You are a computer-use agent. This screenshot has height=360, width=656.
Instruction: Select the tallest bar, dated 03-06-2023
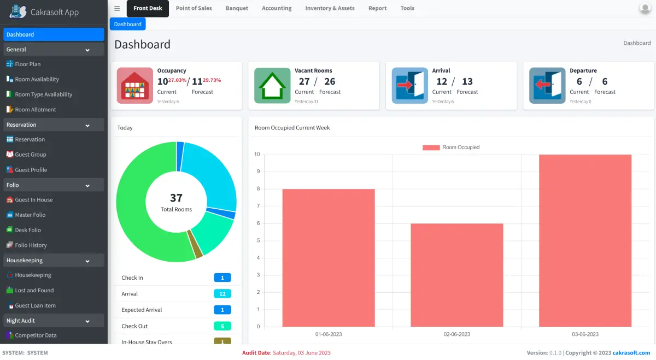[585, 240]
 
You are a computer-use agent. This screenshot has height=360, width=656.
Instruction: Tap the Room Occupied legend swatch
[431, 147]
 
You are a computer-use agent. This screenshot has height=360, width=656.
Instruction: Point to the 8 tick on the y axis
[257, 189]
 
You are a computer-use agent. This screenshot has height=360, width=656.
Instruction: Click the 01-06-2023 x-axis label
[329, 334]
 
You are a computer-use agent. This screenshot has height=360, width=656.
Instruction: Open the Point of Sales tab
[194, 8]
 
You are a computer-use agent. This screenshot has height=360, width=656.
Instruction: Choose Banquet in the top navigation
[237, 8]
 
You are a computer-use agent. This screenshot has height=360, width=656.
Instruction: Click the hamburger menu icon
[117, 8]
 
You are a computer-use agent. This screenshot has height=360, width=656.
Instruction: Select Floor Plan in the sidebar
[28, 64]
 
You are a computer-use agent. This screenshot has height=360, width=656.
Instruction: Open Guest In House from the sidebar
[34, 200]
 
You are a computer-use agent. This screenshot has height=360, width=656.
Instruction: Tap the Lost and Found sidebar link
[34, 291]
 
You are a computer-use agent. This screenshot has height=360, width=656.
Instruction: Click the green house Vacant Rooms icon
[272, 86]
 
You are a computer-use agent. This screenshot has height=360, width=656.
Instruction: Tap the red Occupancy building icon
[134, 86]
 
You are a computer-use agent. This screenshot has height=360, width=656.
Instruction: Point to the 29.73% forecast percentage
[212, 80]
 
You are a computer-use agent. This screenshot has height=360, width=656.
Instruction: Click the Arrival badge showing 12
[222, 294]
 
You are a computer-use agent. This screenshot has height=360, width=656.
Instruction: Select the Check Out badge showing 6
[222, 326]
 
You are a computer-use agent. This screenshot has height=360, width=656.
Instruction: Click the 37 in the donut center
[176, 198]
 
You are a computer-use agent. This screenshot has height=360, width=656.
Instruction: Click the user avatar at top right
[645, 8]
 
